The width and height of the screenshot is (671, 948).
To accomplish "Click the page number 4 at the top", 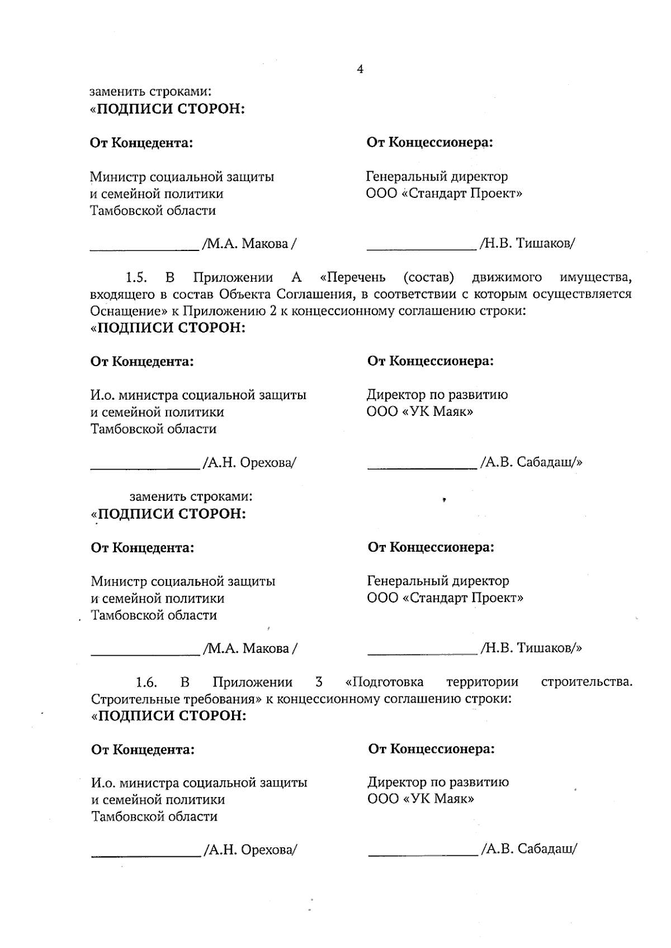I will click(x=360, y=69).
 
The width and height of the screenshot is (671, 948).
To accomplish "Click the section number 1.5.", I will click(x=136, y=278).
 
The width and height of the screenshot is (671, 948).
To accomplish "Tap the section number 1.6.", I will click(x=146, y=682).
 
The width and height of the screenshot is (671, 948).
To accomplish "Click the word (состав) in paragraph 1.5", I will click(x=428, y=278).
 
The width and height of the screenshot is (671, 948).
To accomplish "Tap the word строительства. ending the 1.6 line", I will click(x=587, y=682).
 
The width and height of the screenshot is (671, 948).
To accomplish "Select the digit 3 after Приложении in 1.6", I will click(x=319, y=682).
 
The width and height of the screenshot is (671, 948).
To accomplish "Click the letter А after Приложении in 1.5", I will click(x=296, y=278).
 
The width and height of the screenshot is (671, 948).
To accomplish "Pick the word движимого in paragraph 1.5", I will click(x=507, y=278).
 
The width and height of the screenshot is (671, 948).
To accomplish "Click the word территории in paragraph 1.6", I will click(x=482, y=682).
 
